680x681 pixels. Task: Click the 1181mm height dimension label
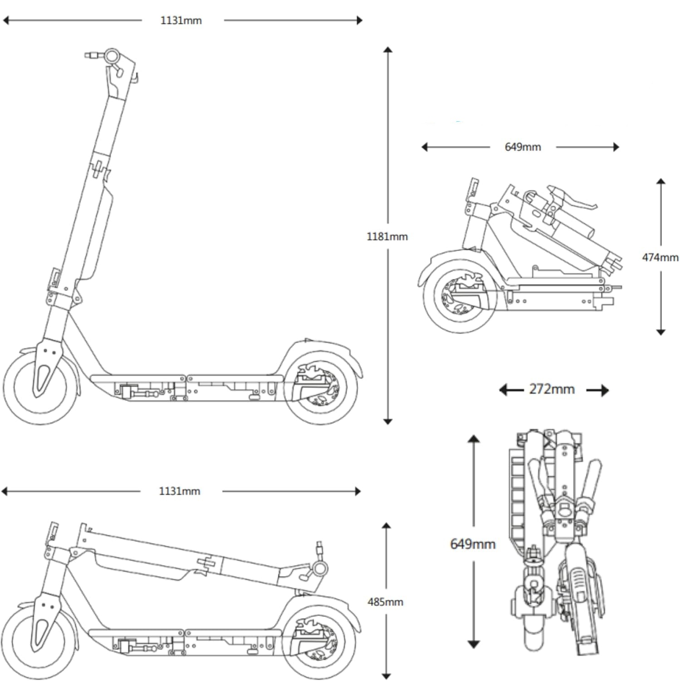point(387,237)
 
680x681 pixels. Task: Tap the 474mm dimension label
point(660,257)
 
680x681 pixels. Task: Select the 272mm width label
point(552,390)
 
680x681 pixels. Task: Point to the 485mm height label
point(385,602)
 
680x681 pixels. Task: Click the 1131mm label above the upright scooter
point(181,20)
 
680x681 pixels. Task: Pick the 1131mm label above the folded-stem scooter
point(180,491)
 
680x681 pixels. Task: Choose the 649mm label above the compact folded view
point(523,147)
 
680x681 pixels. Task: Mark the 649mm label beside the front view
point(473,544)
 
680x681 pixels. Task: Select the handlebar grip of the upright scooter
point(91,55)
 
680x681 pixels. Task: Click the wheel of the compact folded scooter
point(459,296)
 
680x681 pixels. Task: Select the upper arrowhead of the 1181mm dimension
point(387,49)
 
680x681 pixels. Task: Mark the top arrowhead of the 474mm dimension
point(660,182)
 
